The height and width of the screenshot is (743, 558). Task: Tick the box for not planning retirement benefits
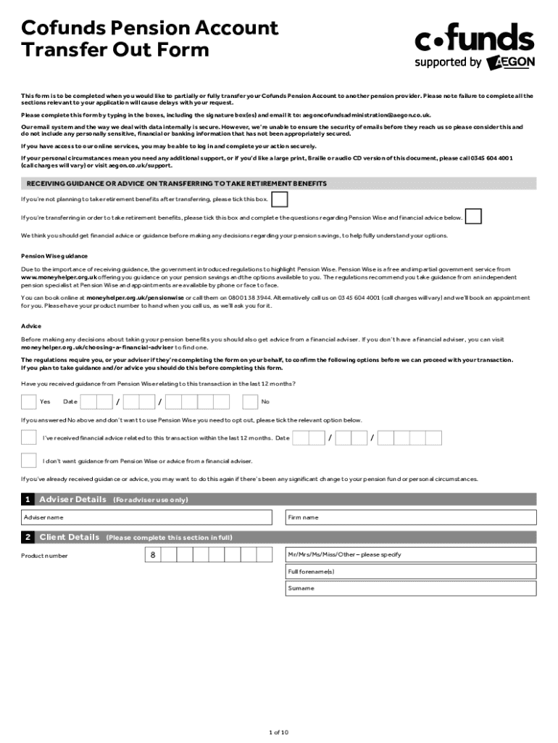pos(280,199)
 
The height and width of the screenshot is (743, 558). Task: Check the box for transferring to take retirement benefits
pos(473,216)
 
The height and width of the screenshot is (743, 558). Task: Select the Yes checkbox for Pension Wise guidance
pos(28,401)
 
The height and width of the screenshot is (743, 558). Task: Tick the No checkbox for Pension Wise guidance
pos(250,401)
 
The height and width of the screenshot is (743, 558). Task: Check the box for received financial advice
pos(28,438)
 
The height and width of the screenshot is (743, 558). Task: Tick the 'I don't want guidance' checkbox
pos(28,460)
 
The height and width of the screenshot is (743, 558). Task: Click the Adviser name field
pos(151,517)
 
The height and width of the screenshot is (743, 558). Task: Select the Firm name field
pos(410,517)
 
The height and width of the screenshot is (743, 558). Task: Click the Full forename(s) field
pos(410,572)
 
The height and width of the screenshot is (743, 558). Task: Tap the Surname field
pos(410,588)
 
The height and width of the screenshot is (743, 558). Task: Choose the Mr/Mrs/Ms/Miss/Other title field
pos(410,555)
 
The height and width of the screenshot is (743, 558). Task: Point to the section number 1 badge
pos(28,500)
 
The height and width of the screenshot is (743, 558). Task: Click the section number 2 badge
pos(28,538)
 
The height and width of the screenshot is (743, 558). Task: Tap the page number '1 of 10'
pos(278,732)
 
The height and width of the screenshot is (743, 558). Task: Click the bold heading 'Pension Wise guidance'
pos(54,256)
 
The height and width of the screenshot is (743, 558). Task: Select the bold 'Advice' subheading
pos(31,326)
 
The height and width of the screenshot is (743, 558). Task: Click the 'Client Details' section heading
pos(69,538)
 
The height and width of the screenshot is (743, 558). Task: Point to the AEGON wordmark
pos(512,62)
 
